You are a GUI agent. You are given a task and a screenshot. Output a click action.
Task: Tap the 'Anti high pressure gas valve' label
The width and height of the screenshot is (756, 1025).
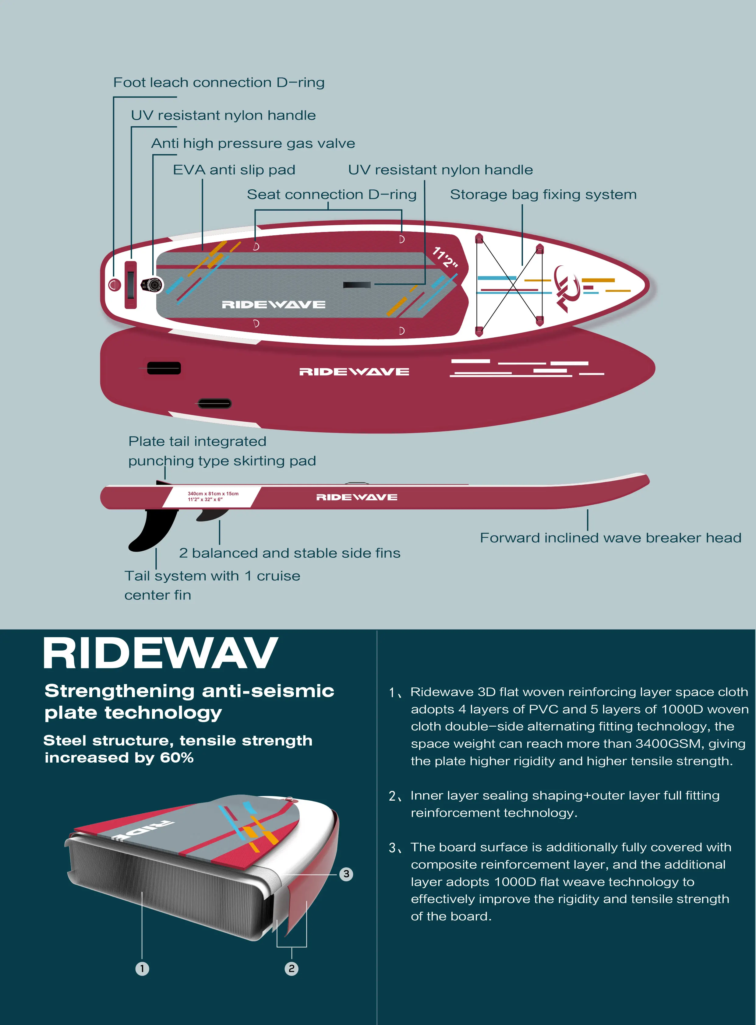pyautogui.click(x=253, y=144)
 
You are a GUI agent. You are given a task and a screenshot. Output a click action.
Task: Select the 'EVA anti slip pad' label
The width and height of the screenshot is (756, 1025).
pyautogui.click(x=234, y=170)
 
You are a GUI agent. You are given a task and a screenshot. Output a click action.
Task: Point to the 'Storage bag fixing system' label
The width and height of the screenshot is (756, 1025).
pyautogui.click(x=543, y=195)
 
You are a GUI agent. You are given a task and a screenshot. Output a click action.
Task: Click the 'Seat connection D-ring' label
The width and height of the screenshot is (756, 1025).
pyautogui.click(x=332, y=195)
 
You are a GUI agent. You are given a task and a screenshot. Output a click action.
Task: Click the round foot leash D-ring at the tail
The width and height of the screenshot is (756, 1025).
pyautogui.click(x=115, y=285)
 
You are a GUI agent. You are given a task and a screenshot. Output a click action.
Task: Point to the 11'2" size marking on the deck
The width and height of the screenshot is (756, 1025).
pyautogui.click(x=445, y=258)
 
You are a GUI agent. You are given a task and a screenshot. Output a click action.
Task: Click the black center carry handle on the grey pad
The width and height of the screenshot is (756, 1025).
pyautogui.click(x=357, y=285)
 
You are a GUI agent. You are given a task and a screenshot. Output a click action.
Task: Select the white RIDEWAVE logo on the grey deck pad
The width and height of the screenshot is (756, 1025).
pyautogui.click(x=274, y=305)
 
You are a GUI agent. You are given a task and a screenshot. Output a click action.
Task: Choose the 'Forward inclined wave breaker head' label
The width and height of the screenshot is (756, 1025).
pyautogui.click(x=610, y=538)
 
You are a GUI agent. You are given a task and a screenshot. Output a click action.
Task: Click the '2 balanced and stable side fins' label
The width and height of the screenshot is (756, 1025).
pyautogui.click(x=290, y=553)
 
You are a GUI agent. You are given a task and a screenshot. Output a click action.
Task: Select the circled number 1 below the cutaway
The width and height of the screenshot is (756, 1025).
pyautogui.click(x=142, y=968)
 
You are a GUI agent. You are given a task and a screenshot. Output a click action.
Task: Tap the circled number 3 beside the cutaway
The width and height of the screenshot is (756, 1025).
pyautogui.click(x=346, y=874)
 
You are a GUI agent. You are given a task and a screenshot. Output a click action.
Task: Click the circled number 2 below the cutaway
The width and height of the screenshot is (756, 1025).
pyautogui.click(x=291, y=968)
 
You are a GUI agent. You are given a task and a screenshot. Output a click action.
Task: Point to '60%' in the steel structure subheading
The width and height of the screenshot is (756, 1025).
pyautogui.click(x=177, y=758)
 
